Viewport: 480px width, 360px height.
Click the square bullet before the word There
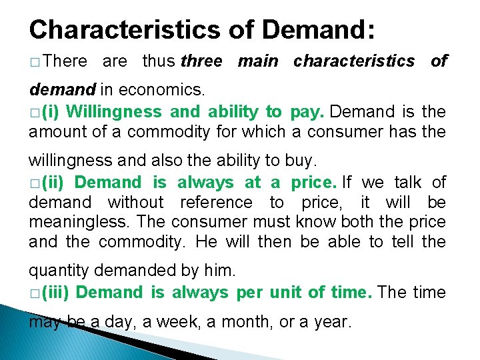(x=34, y=62)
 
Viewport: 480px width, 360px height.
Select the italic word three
(x=201, y=61)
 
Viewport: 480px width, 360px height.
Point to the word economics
(x=172, y=89)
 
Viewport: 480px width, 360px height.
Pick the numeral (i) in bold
(x=49, y=111)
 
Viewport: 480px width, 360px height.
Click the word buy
(x=303, y=161)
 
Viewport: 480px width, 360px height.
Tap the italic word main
(x=258, y=61)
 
